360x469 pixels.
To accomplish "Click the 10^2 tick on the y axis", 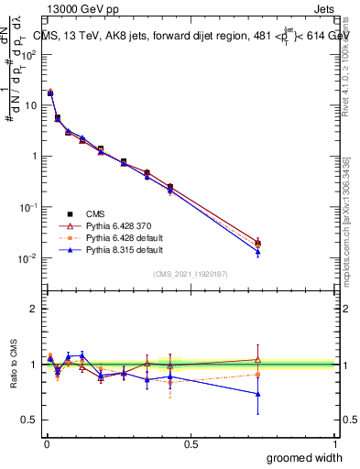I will pos(30,54).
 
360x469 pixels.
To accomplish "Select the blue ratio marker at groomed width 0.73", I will pos(258,394).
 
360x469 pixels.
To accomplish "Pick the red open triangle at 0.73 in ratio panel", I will pos(258,359).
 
